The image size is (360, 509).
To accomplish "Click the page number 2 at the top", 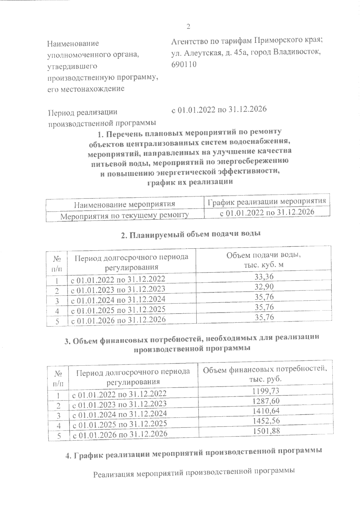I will point(188,27).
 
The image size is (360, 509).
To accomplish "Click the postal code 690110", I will point(184,64).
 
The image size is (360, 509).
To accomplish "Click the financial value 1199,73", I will point(266,391).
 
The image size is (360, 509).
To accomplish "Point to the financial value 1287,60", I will point(266,401).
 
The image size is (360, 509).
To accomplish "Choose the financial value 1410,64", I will point(266,411).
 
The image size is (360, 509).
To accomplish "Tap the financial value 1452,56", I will point(266,421).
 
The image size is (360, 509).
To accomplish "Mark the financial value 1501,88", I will point(266,431).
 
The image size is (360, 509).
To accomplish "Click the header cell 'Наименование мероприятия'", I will point(124,204).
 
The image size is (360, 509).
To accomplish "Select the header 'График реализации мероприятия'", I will point(267,201).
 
